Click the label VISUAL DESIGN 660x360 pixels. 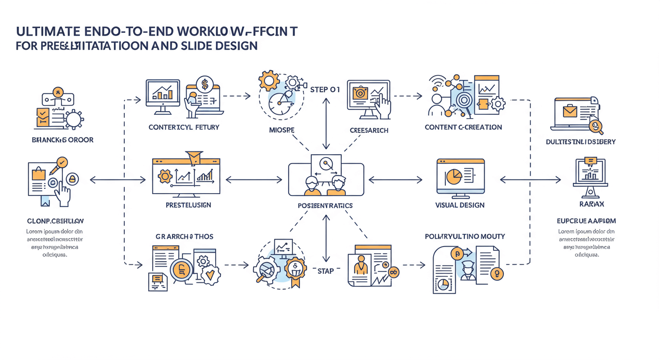(x=460, y=205)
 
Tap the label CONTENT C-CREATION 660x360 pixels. (x=463, y=127)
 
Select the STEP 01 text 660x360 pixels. (x=325, y=89)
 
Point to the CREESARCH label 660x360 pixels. (x=369, y=130)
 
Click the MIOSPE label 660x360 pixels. (x=281, y=130)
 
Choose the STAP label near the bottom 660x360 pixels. (x=326, y=271)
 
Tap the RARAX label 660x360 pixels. (x=591, y=204)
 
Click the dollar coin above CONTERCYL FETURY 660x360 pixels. (x=204, y=84)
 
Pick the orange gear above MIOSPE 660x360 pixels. (x=269, y=81)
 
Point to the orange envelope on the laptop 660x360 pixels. (x=570, y=112)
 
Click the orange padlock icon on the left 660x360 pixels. (x=72, y=179)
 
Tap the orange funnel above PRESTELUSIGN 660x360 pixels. (x=194, y=157)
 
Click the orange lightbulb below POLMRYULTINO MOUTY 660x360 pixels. (x=496, y=274)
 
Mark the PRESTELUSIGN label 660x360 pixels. (x=188, y=205)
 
